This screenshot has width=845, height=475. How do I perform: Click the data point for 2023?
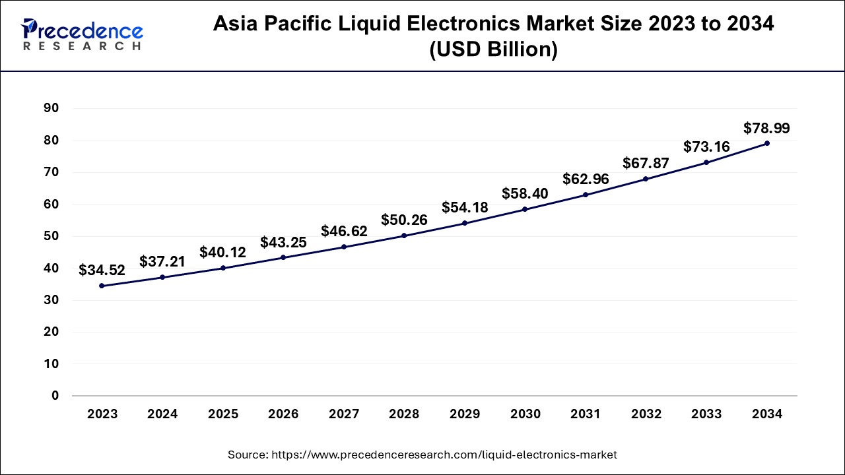102,286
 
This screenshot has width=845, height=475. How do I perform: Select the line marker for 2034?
766,143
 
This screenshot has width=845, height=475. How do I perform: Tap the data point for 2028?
404,236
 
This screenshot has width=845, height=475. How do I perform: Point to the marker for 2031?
585,195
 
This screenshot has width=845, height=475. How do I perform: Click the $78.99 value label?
766,128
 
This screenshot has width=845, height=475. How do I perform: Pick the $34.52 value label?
102,270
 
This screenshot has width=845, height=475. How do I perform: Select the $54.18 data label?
465,207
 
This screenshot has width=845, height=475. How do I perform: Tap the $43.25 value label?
283,242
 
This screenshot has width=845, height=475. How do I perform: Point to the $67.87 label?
646,163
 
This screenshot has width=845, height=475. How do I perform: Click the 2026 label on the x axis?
283,414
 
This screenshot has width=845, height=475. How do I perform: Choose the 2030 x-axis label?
525,414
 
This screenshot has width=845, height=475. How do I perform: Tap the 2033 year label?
706,414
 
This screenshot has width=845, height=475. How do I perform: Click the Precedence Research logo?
82,34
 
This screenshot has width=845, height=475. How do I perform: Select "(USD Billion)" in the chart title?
493,50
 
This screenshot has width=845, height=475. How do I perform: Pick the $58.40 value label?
525,193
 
